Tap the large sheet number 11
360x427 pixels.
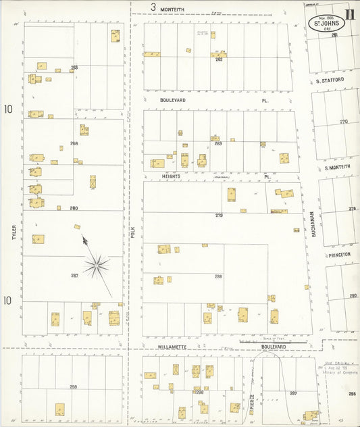(x=350, y=13)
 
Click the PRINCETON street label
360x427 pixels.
(x=339, y=255)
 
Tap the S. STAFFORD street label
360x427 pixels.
(x=330, y=80)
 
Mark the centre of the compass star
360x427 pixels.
(x=97, y=266)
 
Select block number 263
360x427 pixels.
(x=74, y=67)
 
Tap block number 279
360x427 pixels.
(x=219, y=215)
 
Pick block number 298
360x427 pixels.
(x=73, y=387)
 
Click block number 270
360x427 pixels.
(x=344, y=122)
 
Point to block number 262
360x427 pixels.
(x=219, y=59)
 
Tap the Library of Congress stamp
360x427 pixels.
(x=338, y=368)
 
